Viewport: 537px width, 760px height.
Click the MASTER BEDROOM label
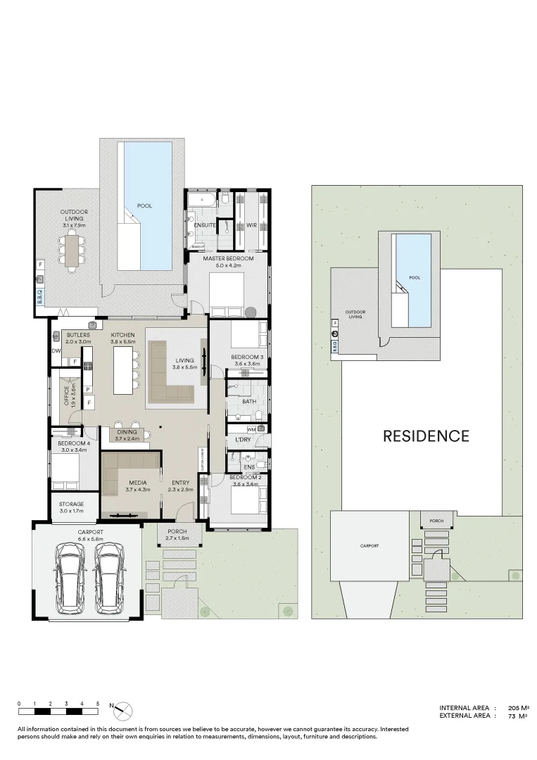[222, 258]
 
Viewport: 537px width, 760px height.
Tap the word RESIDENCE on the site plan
[425, 436]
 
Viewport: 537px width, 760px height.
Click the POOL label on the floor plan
[144, 205]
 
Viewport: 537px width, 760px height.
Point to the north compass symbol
[123, 711]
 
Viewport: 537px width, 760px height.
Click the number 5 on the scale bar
[98, 704]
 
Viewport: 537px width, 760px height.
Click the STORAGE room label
[71, 504]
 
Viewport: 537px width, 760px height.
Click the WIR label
[251, 225]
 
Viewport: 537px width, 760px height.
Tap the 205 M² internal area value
[517, 708]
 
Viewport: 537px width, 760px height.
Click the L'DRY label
[243, 440]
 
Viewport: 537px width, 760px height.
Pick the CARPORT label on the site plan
[369, 545]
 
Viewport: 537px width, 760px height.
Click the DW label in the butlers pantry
[56, 350]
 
